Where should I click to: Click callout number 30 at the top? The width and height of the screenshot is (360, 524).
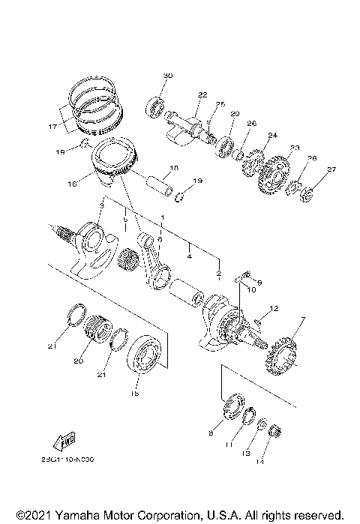pos(167,76)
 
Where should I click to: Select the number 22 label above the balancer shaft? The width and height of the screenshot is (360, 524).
pos(202,95)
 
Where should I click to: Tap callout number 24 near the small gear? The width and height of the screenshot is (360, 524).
pos(272,136)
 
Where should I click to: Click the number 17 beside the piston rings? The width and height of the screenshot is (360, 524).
pos(52,127)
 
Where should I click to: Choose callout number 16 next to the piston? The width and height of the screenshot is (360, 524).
pos(72,182)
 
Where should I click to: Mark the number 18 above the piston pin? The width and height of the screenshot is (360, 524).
pos(173,167)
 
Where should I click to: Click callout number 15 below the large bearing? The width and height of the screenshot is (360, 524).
pos(135,394)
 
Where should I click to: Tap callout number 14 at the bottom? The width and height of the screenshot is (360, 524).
pos(260,463)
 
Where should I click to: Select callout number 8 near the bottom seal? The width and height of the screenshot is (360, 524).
pos(210,434)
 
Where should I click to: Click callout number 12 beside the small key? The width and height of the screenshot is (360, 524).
pos(274,309)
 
